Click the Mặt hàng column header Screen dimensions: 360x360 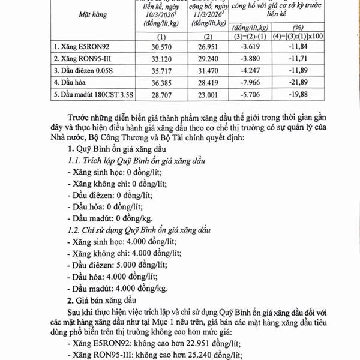(85, 19)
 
